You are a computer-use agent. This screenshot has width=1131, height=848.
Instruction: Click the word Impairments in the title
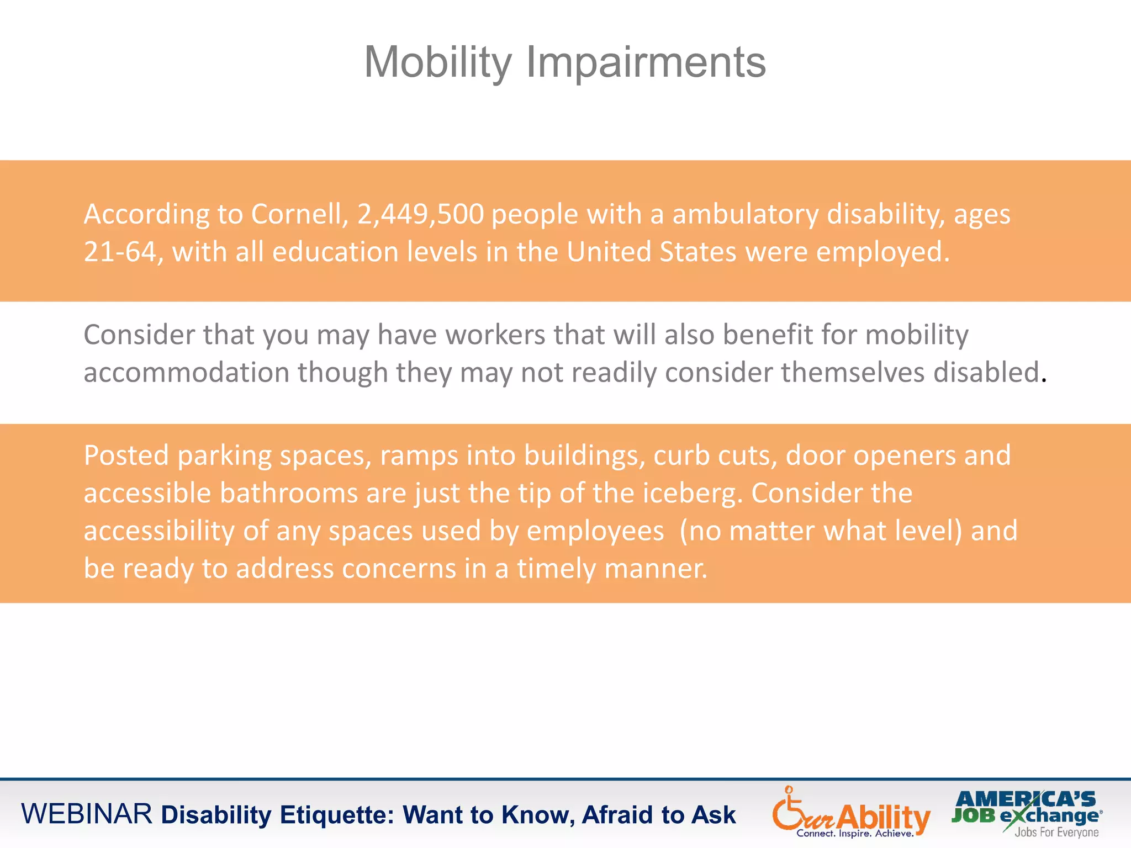coord(646,62)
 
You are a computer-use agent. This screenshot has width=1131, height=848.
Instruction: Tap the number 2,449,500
coord(421,214)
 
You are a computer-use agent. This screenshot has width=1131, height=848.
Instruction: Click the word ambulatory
coord(745,214)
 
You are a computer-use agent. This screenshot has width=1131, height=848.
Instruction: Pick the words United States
coord(652,252)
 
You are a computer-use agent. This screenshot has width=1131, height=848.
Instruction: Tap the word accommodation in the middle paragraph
coord(186,372)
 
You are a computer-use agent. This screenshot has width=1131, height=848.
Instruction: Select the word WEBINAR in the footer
coord(87,814)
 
